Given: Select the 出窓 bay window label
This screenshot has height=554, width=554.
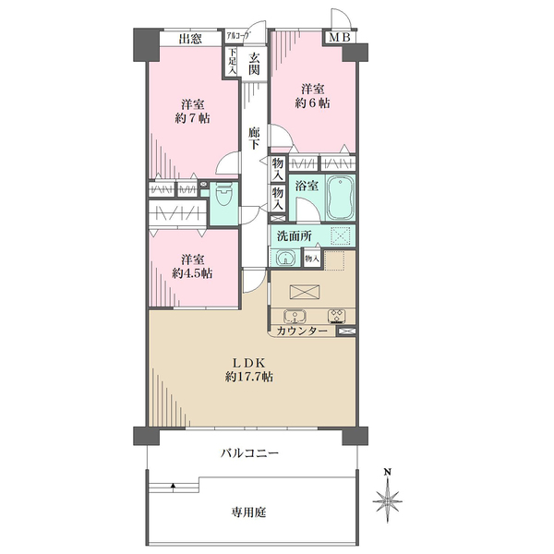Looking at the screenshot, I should (190, 39).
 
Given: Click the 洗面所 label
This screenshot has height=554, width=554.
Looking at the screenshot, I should (293, 235).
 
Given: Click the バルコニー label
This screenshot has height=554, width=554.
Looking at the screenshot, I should (250, 453).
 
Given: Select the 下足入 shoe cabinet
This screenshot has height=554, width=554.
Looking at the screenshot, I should (232, 62).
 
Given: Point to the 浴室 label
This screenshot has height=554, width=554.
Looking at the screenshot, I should (307, 186).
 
